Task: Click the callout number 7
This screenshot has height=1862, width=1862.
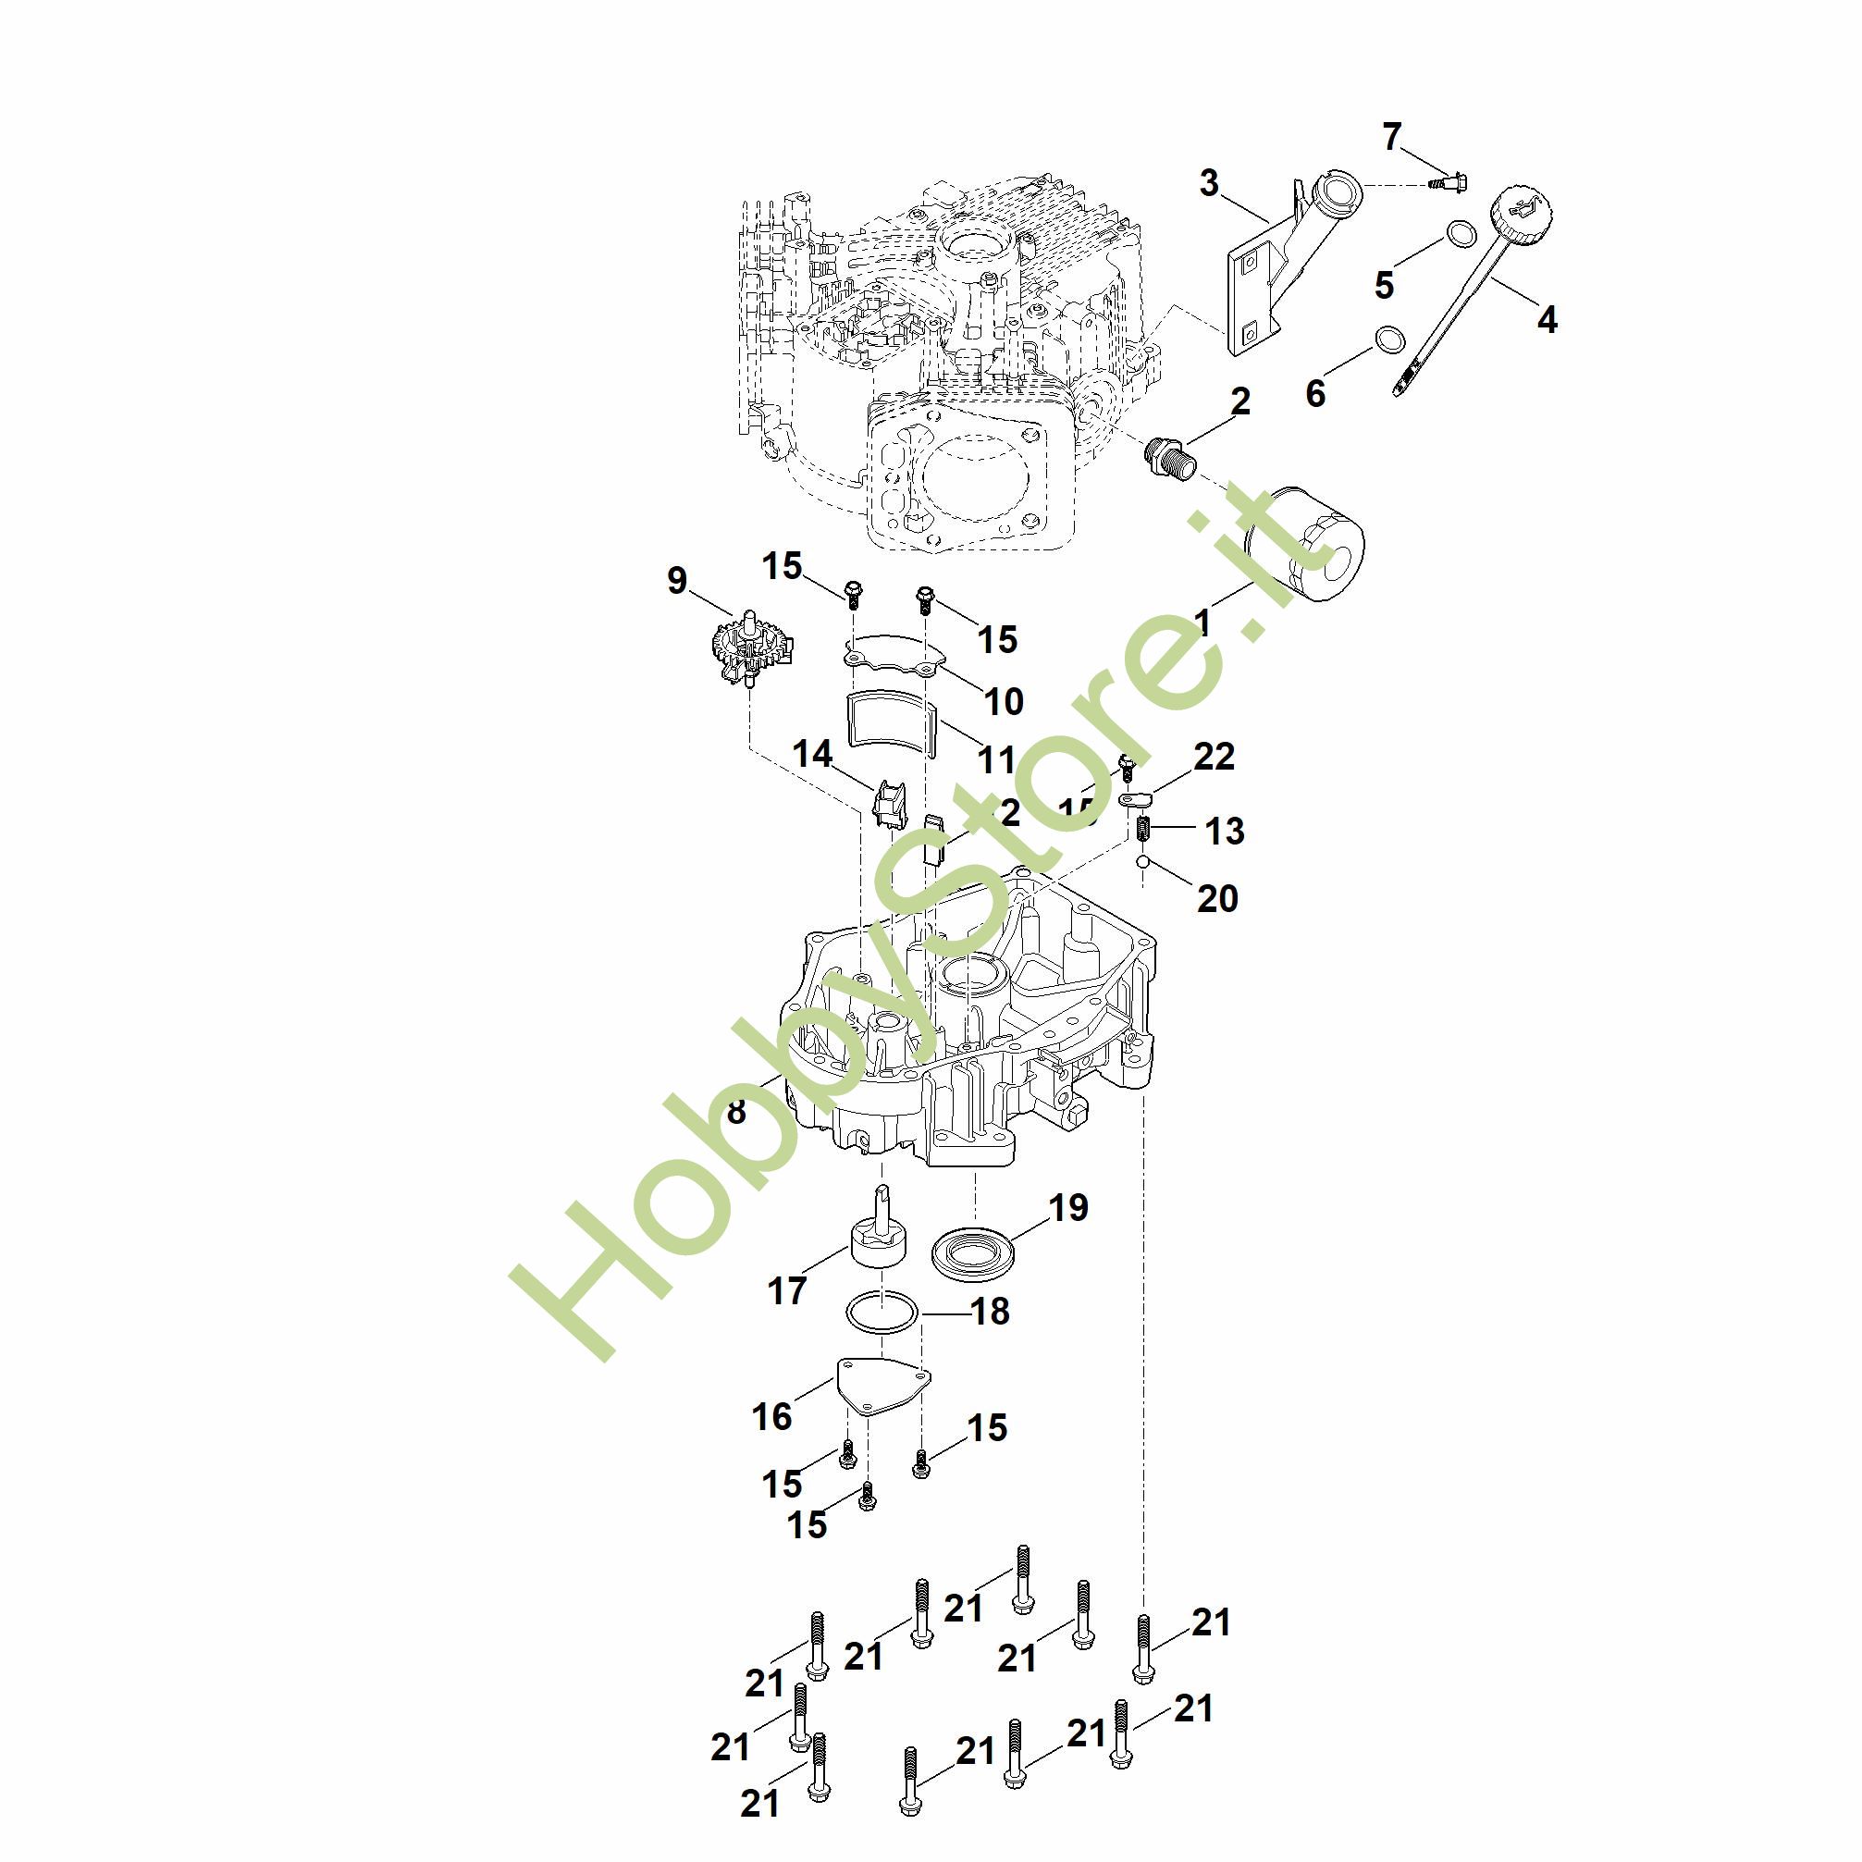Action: point(1390,138)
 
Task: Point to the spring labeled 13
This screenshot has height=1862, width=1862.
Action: point(1143,827)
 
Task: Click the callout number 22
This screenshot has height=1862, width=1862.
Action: point(1214,757)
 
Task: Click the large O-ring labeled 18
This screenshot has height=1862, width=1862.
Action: point(881,1313)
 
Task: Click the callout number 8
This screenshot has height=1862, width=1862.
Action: point(736,1111)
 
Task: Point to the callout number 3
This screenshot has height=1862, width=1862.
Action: point(1209,183)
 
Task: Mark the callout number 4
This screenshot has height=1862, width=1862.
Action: point(1546,319)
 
